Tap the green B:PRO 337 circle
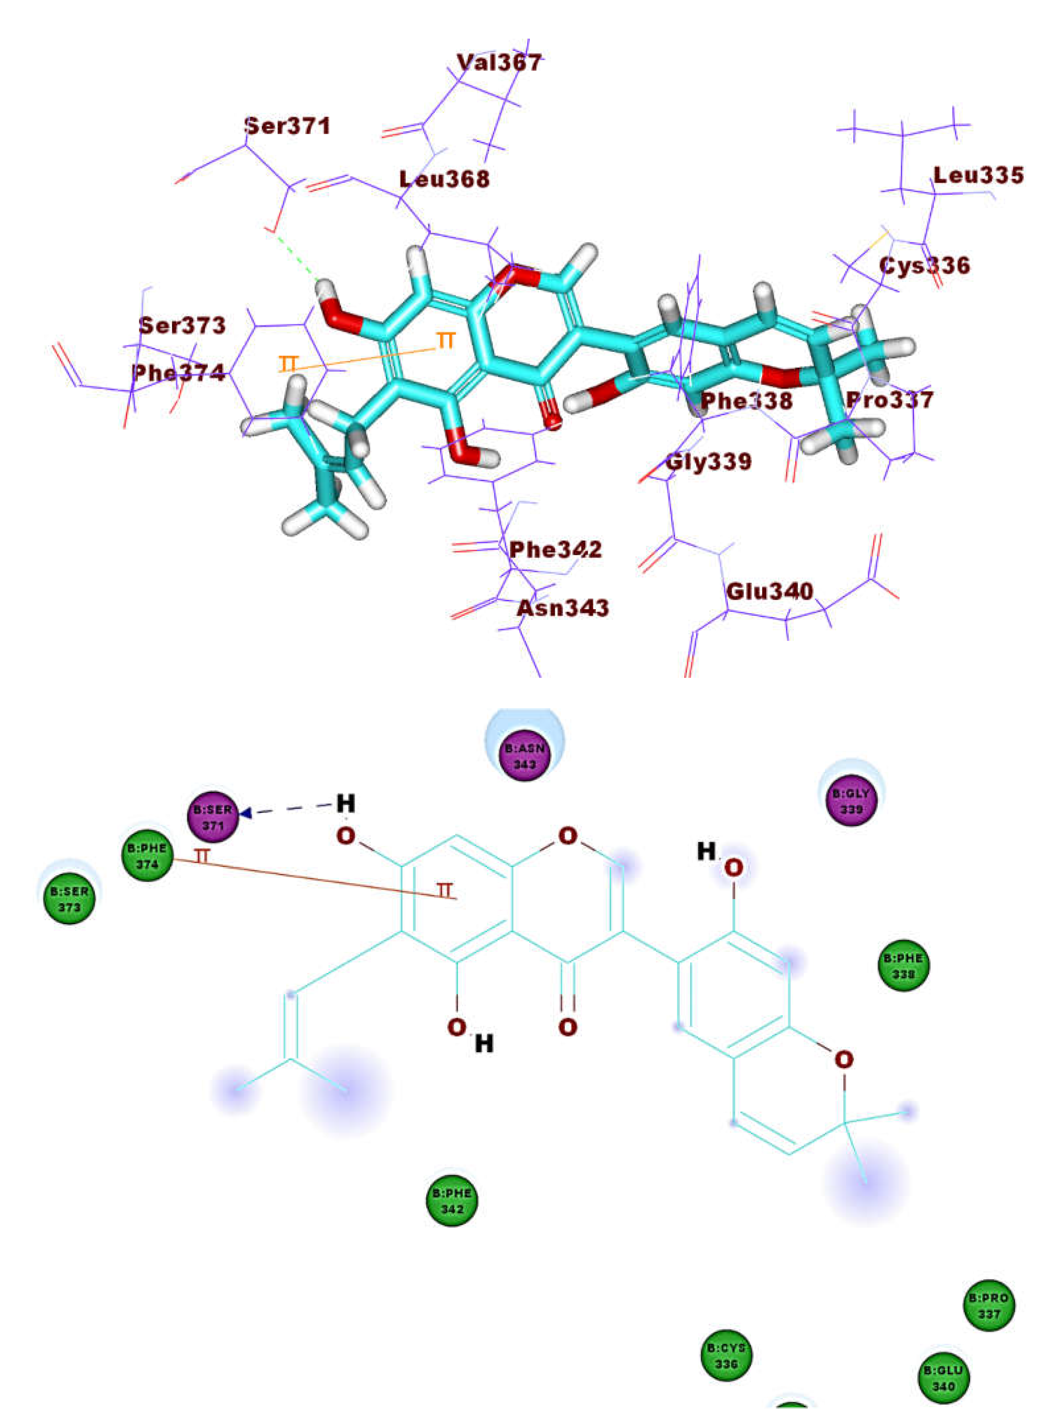[x=989, y=1305]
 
